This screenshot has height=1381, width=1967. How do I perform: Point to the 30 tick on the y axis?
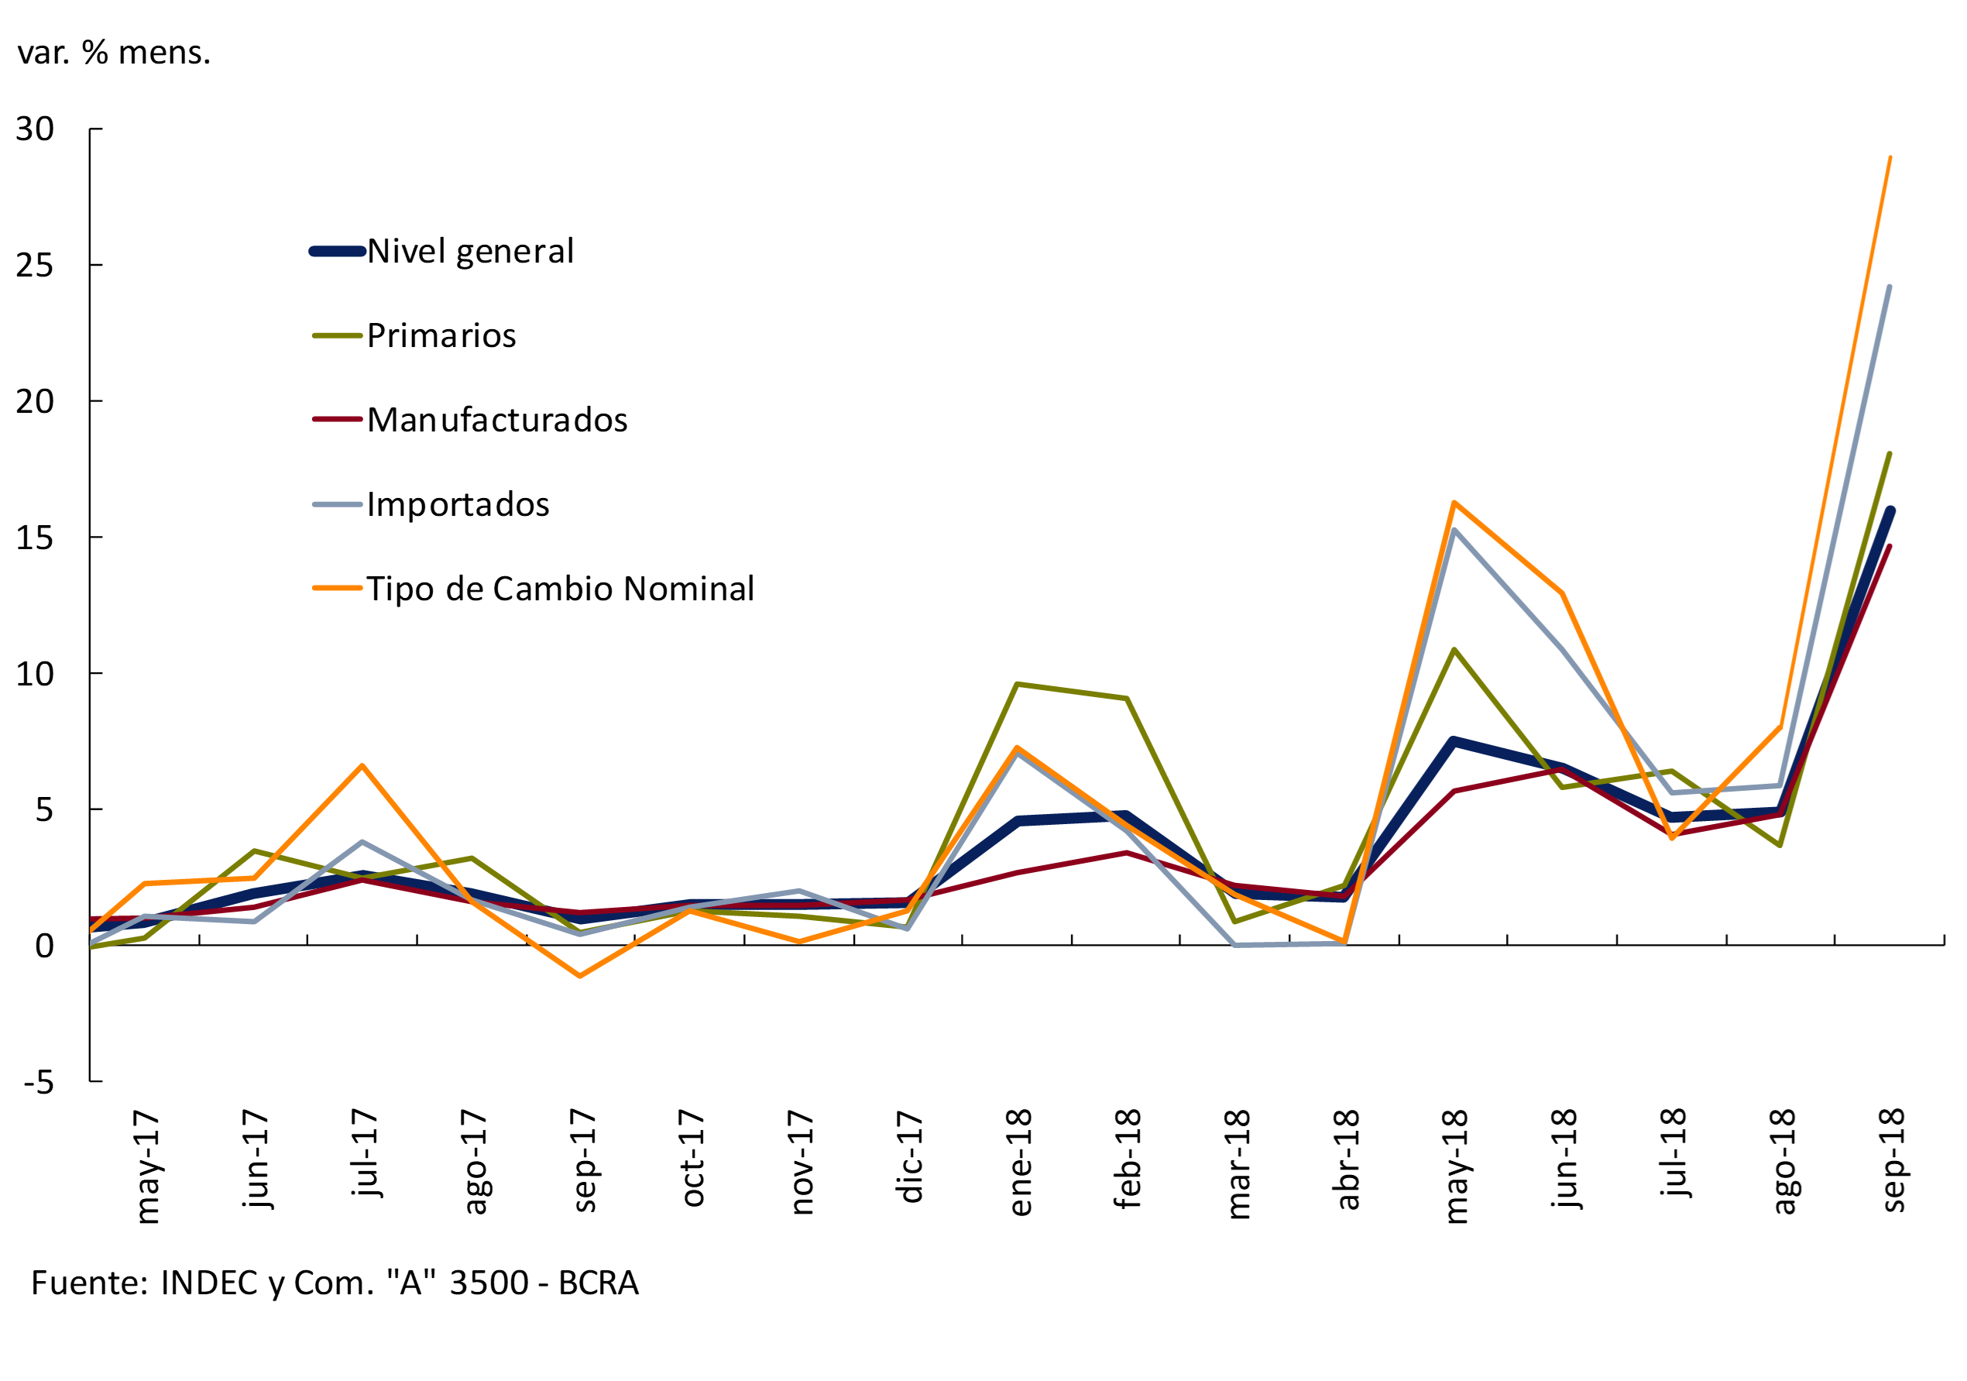pyautogui.click(x=34, y=129)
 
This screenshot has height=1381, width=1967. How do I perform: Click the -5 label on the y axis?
pyautogui.click(x=38, y=1083)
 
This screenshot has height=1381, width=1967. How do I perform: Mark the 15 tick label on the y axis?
pyautogui.click(x=34, y=538)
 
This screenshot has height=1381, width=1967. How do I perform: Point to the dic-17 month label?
pyautogui.click(x=911, y=1157)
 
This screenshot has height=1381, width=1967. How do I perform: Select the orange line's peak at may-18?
pyautogui.click(x=1454, y=503)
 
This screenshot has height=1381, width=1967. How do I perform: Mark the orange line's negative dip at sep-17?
pyautogui.click(x=580, y=976)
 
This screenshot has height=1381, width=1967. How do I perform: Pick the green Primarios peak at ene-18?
pyautogui.click(x=1016, y=684)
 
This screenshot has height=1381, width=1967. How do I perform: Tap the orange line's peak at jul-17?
pyautogui.click(x=362, y=765)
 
